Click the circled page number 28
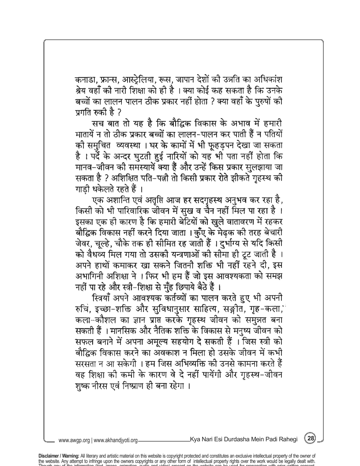(311, 438)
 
